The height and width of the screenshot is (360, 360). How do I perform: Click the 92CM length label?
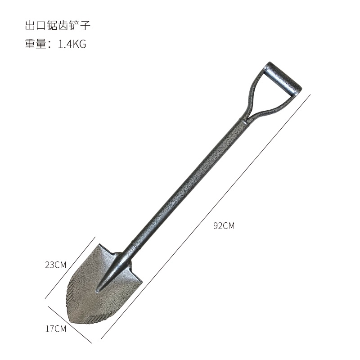(224, 226)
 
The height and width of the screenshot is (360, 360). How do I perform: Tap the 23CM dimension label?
(55, 265)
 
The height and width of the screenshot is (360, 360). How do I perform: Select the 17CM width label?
(56, 328)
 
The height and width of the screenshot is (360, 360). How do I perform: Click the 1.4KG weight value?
(72, 44)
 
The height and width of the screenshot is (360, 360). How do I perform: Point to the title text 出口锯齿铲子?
(58, 25)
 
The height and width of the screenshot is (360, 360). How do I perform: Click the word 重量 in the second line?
(36, 44)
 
